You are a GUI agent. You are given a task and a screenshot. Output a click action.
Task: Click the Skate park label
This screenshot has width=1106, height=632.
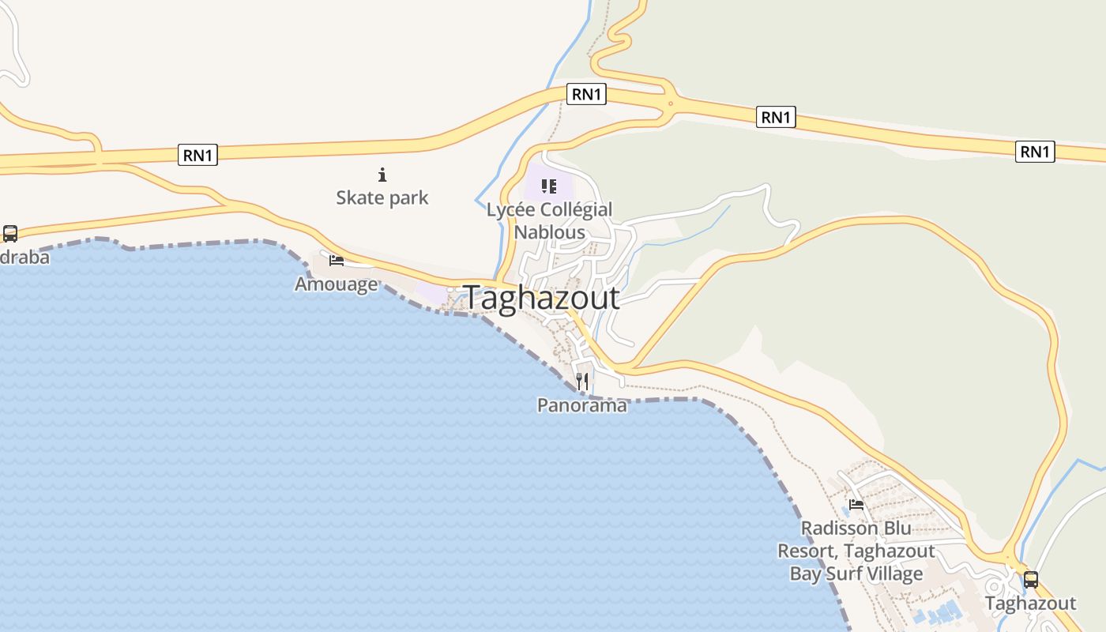[x=382, y=197]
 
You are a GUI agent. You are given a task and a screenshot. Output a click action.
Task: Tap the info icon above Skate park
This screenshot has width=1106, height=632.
[x=382, y=175]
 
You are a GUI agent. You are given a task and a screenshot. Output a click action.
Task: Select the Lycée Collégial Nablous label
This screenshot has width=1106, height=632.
[x=549, y=220]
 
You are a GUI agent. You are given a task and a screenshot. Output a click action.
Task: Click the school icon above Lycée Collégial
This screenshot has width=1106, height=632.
[x=549, y=186]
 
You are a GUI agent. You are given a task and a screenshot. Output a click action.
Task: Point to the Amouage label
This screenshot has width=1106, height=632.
[x=336, y=284]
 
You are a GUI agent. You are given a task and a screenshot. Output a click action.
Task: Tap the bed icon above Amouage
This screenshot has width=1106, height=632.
[x=337, y=260]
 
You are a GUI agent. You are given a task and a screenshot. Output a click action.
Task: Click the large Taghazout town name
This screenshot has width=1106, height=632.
[x=542, y=298]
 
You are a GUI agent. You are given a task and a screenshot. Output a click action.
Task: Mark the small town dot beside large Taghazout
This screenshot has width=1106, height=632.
[x=450, y=291]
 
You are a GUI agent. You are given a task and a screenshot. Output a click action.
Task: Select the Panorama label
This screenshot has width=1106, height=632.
[x=582, y=405]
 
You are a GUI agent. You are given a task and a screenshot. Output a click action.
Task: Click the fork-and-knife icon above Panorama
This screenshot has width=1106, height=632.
[x=582, y=382]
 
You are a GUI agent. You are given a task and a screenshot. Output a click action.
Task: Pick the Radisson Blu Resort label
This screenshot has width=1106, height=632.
[x=856, y=551]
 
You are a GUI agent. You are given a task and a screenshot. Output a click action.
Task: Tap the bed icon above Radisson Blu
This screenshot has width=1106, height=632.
[x=856, y=504]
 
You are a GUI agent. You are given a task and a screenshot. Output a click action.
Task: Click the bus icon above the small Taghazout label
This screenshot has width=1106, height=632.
[x=1031, y=579]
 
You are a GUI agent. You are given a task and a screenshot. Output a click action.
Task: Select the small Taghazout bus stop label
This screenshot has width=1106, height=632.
[x=1030, y=604]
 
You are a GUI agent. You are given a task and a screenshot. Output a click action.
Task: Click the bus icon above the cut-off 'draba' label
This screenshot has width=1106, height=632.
[x=10, y=234]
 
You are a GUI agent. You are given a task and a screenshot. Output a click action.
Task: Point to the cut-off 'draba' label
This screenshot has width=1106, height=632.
[x=24, y=258]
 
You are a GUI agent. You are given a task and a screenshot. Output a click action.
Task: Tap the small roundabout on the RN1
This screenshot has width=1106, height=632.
[x=671, y=103]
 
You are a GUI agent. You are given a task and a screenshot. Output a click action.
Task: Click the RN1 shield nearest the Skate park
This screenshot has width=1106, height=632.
[x=197, y=156]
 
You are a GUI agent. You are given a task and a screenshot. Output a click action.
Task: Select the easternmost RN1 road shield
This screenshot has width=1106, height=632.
[x=1035, y=151]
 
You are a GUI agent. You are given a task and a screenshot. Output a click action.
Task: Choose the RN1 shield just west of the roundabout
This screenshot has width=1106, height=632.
[x=586, y=95]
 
